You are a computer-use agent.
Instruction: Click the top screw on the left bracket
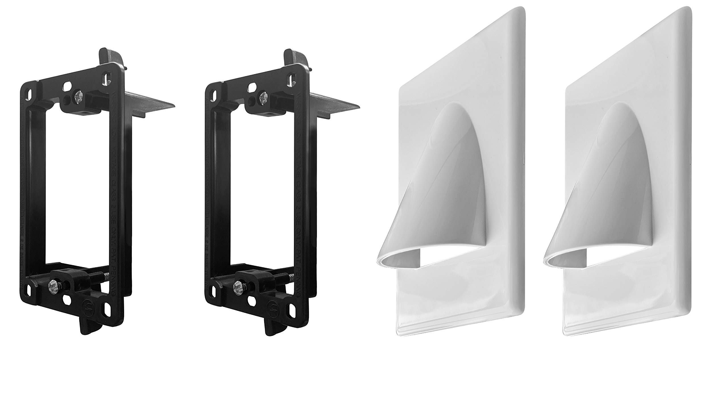tap(79, 99)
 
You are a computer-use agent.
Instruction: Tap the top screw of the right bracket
tap(262, 98)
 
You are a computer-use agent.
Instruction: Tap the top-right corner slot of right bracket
tap(291, 77)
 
